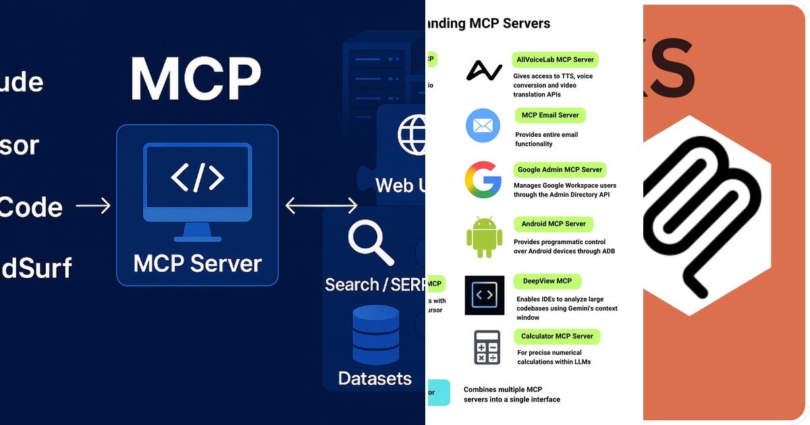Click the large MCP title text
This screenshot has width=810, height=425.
pyautogui.click(x=196, y=79)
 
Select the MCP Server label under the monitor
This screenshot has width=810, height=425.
pyautogui.click(x=197, y=263)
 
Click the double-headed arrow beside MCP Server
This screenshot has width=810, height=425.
pyautogui.click(x=321, y=205)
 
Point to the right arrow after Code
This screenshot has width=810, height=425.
pyautogui.click(x=93, y=206)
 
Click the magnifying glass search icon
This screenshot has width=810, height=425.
pyautogui.click(x=370, y=243)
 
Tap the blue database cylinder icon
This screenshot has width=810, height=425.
pyautogui.click(x=375, y=335)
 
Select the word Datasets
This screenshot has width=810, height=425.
pyautogui.click(x=375, y=378)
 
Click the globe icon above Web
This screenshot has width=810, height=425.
pyautogui.click(x=413, y=135)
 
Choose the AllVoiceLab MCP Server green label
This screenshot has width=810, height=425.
pyautogui.click(x=555, y=59)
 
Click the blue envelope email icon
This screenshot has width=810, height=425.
pyautogui.click(x=483, y=125)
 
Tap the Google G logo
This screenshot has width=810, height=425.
pyautogui.click(x=483, y=179)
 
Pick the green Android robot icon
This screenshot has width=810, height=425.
pyautogui.click(x=484, y=237)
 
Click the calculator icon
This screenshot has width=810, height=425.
pyautogui.click(x=487, y=347)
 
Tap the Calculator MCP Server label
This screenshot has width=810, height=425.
pyautogui.click(x=557, y=336)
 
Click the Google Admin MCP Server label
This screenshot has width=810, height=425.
pyautogui.click(x=560, y=169)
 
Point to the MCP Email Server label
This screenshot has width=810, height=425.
pyautogui.click(x=550, y=115)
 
